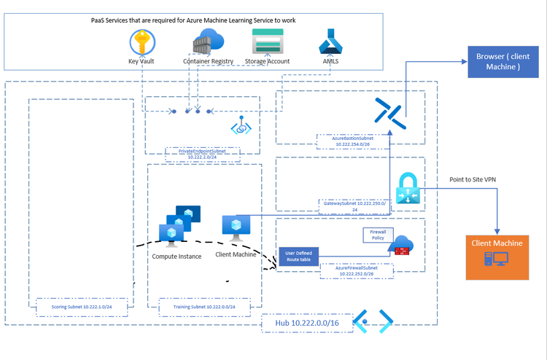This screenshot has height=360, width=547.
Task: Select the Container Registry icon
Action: [x=208, y=41]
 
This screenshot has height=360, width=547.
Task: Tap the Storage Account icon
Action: [x=267, y=42]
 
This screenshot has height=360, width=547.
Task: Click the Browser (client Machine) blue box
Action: [x=499, y=61]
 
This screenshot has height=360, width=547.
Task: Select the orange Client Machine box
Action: [x=497, y=257]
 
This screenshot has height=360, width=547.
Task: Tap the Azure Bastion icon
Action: [x=388, y=111]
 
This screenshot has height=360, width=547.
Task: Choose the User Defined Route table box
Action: [x=298, y=257]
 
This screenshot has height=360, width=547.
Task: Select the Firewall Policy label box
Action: [x=377, y=234]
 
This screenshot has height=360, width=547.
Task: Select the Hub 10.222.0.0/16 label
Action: [x=305, y=321]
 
